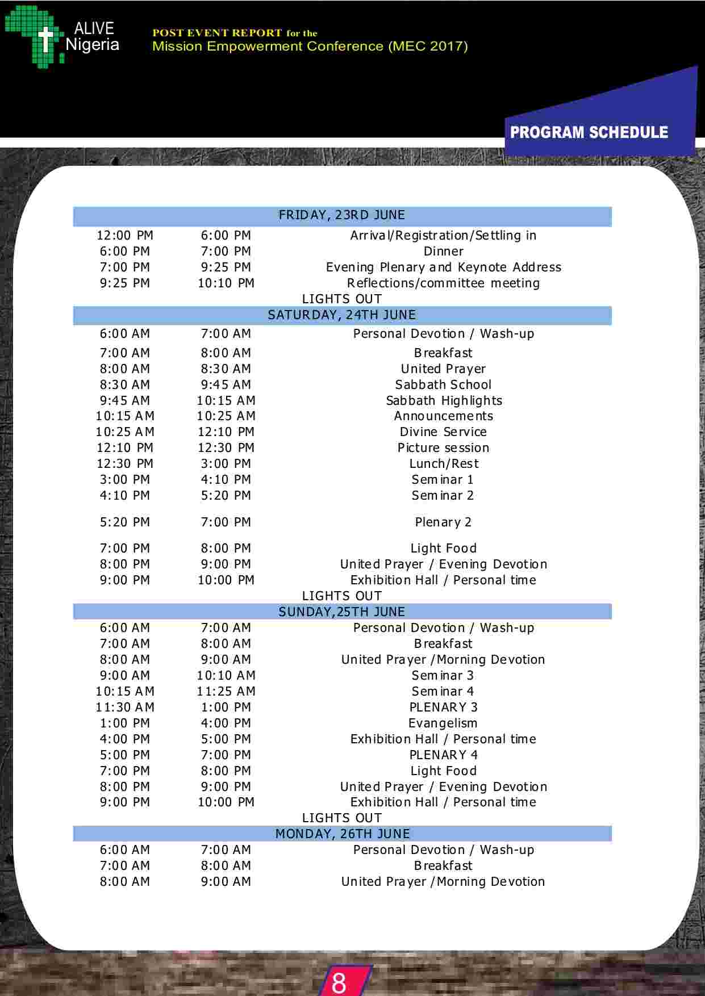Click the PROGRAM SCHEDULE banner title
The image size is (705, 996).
pos(589,132)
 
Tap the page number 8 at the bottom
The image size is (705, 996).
pos(339,982)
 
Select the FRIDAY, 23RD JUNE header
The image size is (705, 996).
pos(342,215)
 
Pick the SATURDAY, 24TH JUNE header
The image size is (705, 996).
pos(342,315)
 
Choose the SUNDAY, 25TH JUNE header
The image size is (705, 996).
pos(342,612)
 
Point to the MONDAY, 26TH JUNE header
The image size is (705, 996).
pos(342,834)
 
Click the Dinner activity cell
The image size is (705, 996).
pos(443,252)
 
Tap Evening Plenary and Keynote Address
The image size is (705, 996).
pos(443,267)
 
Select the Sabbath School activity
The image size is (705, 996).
pos(443,385)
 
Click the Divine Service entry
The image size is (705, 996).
pos(443,432)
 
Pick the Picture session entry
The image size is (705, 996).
pos(443,448)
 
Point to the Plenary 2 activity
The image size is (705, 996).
pos(443,522)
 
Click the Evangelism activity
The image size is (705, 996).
pos(443,723)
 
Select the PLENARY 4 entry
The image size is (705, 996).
pos(443,755)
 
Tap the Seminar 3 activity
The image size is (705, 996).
pos(443,676)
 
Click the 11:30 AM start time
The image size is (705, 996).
pos(125,708)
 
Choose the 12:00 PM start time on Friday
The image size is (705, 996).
pos(125,236)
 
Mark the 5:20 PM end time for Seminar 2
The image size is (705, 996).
pos(226,496)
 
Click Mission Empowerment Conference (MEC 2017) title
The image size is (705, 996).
pos(310,47)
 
